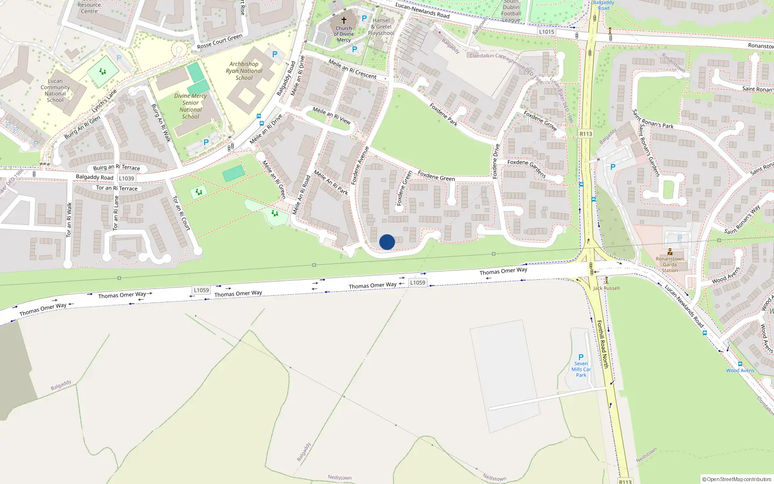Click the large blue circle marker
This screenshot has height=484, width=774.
point(387,242)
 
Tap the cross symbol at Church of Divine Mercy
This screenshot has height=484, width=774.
point(344,20)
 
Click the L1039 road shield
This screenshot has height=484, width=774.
point(126,178)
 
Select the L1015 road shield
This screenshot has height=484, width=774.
point(547,32)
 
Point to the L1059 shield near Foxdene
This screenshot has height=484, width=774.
point(417,283)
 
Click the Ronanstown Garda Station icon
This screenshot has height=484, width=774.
point(670,252)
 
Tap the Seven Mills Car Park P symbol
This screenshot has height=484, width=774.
point(581,357)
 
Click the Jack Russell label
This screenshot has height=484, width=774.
point(606,288)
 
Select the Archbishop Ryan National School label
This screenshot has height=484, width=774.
point(244,71)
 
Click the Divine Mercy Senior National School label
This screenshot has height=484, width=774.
point(191,106)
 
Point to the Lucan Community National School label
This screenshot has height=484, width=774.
point(55,91)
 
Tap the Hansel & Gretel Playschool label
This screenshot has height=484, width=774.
point(381,27)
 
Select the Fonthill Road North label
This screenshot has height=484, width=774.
point(602,344)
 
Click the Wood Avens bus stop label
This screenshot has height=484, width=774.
point(740,370)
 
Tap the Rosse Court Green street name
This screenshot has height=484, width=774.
point(220,41)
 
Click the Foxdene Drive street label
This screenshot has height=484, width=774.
point(496,161)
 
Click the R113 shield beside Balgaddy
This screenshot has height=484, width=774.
point(586,134)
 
